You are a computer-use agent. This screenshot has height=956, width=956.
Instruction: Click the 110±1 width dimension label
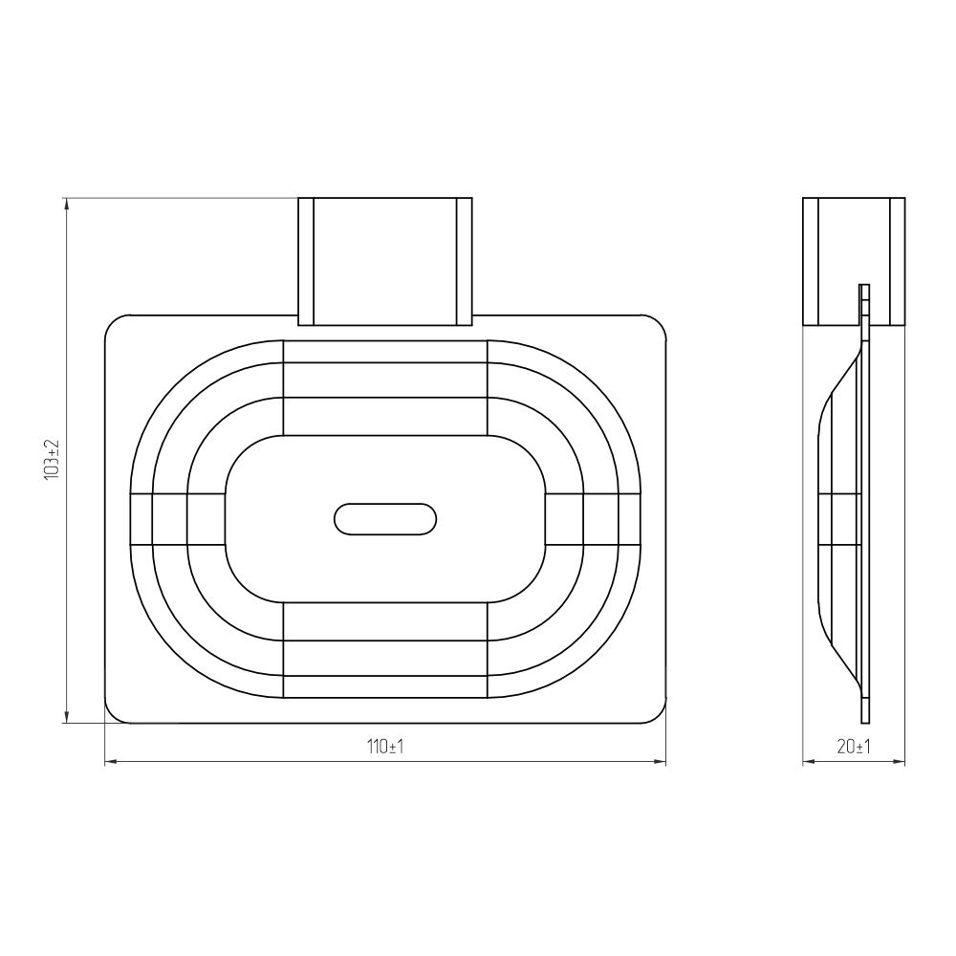coord(385,747)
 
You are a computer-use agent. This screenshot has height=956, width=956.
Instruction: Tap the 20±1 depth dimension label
coord(854,747)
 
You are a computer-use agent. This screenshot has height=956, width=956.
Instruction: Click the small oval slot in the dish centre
coord(385,519)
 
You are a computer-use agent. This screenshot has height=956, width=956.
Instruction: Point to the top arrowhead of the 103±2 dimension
coord(67,205)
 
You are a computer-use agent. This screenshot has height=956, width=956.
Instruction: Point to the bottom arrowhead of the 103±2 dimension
coord(67,717)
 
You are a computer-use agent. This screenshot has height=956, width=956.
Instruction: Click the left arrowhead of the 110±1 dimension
coord(111,762)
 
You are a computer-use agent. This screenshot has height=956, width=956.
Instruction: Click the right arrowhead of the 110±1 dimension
coord(660,762)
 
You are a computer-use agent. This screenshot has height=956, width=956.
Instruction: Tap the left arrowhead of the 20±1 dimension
coord(809,762)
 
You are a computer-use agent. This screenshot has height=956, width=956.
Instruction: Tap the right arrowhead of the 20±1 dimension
coord(899,762)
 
